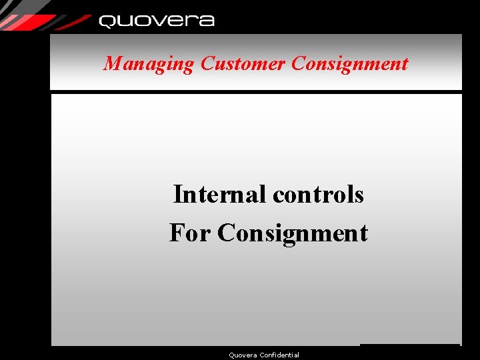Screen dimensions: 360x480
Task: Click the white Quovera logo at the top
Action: [157, 21]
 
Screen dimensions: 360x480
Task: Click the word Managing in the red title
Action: [148, 64]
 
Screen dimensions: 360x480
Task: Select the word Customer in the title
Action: [243, 64]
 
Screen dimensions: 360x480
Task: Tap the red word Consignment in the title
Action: [350, 64]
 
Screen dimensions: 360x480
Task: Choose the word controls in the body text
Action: [319, 195]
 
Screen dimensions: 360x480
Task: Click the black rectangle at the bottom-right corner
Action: [409, 351]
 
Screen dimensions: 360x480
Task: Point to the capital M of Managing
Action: [112, 64]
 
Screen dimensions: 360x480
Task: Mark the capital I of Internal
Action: [177, 195]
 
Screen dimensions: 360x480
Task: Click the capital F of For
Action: [177, 233]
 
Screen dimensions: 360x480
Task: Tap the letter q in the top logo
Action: [107, 22]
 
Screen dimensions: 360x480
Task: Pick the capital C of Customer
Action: [207, 64]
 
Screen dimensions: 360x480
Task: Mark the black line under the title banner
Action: [256, 92]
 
